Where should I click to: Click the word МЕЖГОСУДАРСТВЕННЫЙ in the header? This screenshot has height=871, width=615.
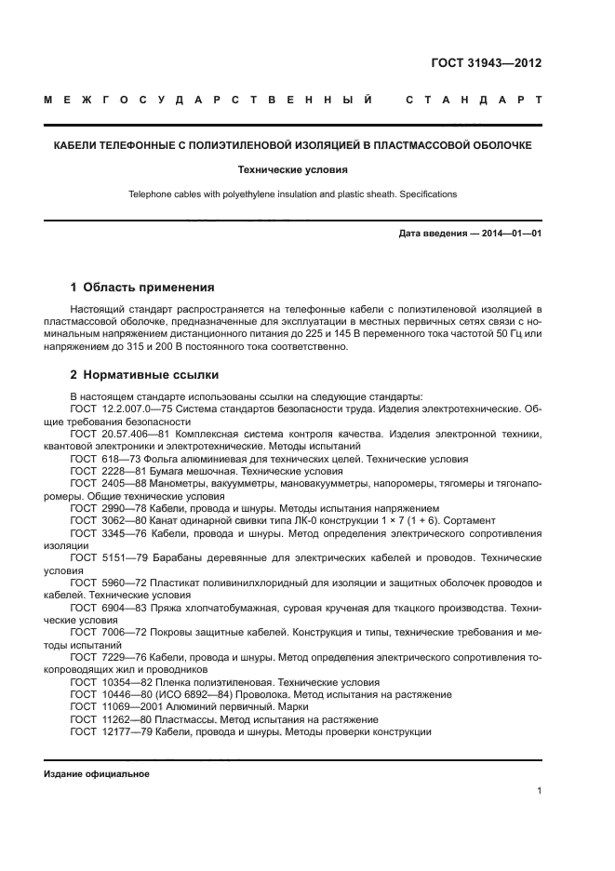coord(208,100)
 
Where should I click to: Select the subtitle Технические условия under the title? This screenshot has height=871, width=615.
coord(292,170)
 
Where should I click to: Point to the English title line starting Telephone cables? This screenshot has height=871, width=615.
coord(292,194)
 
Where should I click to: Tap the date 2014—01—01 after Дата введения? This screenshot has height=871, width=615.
coord(509,233)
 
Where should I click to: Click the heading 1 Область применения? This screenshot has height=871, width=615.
coord(142,288)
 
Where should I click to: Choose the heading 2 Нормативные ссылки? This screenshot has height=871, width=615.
coord(144,375)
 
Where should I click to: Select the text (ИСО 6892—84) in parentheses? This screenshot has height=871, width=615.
coord(188,694)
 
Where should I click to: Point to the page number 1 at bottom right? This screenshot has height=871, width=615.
coord(539,791)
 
